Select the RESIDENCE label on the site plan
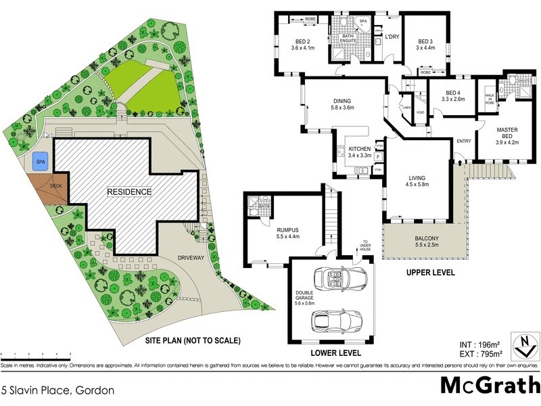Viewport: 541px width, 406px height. coord(129,191)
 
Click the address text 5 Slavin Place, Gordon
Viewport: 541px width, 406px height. coord(57,390)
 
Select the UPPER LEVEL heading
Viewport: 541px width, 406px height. coord(430,273)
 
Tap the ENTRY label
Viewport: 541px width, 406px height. coord(463,141)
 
